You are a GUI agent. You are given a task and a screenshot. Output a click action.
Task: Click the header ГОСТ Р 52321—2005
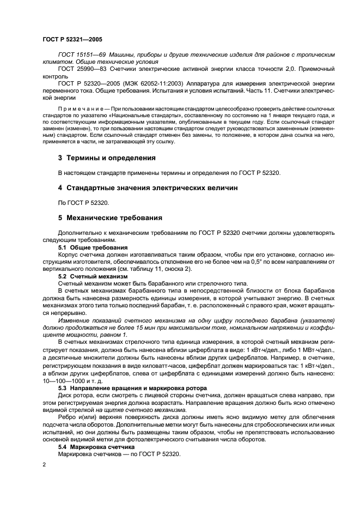tap(72, 40)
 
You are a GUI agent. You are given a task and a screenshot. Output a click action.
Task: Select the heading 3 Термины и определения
tap(107, 158)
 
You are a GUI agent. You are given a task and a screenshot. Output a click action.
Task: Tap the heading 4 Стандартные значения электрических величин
tap(147, 188)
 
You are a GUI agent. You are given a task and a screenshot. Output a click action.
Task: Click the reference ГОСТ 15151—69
tap(82, 55)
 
